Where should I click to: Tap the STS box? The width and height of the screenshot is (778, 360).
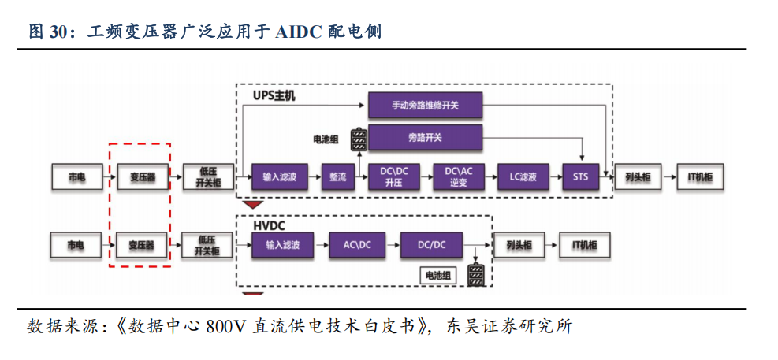tap(580, 176)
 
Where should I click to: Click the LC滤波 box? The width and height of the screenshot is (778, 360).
tap(523, 176)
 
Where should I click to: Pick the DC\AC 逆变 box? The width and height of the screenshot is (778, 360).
tap(459, 176)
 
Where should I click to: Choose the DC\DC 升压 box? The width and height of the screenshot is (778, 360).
tap(394, 176)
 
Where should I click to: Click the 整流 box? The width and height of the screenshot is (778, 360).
tap(337, 176)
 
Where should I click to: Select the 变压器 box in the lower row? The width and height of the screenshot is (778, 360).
tap(142, 246)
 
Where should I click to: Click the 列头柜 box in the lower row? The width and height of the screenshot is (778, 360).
tap(518, 246)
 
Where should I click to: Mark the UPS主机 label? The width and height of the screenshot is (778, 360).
tap(274, 96)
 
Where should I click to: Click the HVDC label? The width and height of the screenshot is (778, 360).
tap(268, 225)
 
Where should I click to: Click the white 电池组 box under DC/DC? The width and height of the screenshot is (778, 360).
tap(438, 275)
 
